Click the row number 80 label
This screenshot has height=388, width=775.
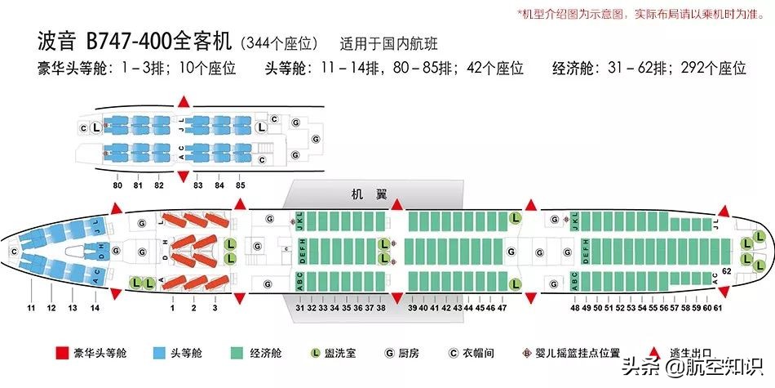pyautogui.click(x=118, y=185)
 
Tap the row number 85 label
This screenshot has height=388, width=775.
pyautogui.click(x=240, y=185)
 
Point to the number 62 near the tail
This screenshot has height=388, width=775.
pyautogui.click(x=726, y=270)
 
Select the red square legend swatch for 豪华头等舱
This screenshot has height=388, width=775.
pyautogui.click(x=61, y=354)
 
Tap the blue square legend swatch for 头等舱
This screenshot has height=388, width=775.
pyautogui.click(x=160, y=354)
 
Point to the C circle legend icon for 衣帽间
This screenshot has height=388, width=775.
pyautogui.click(x=454, y=354)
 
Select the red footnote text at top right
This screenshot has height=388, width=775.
pyautogui.click(x=641, y=15)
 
